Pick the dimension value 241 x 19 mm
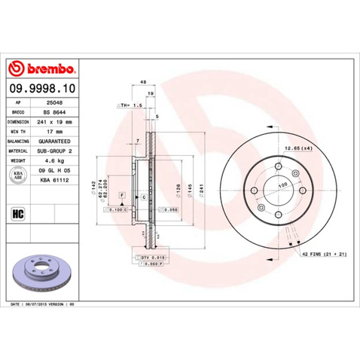point(56,121)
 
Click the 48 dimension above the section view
point(142,84)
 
